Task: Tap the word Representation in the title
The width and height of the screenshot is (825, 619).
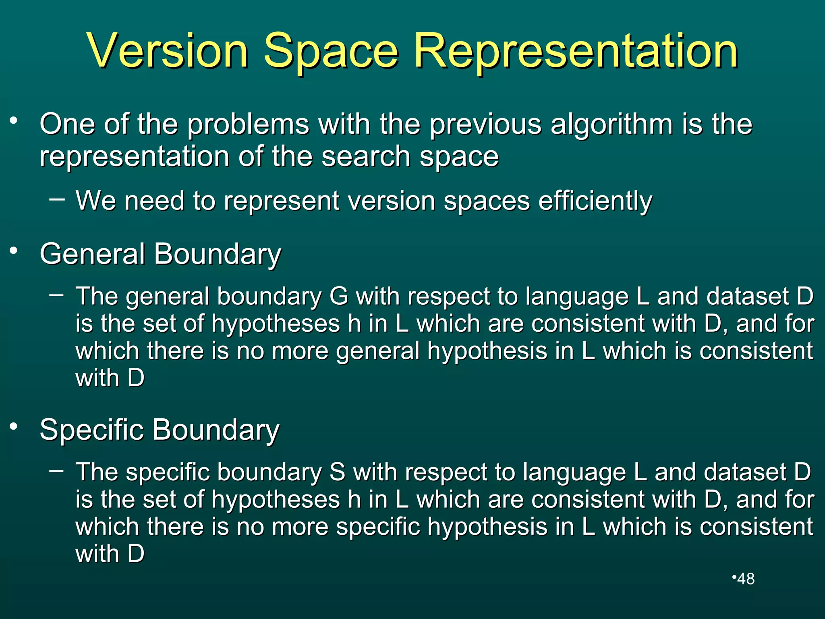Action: click(576, 51)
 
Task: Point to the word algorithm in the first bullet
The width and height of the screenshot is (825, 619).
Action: click(611, 124)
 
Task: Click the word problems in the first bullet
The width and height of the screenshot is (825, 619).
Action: click(248, 124)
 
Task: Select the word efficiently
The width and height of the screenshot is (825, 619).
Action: click(595, 201)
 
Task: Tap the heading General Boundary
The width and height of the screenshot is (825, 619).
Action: click(160, 254)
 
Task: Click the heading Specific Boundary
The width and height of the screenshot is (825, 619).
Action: click(160, 430)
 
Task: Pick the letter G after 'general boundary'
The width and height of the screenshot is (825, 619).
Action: click(339, 296)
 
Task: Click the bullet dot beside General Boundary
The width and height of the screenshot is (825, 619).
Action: click(14, 251)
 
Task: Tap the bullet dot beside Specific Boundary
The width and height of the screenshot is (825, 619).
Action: click(14, 426)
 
